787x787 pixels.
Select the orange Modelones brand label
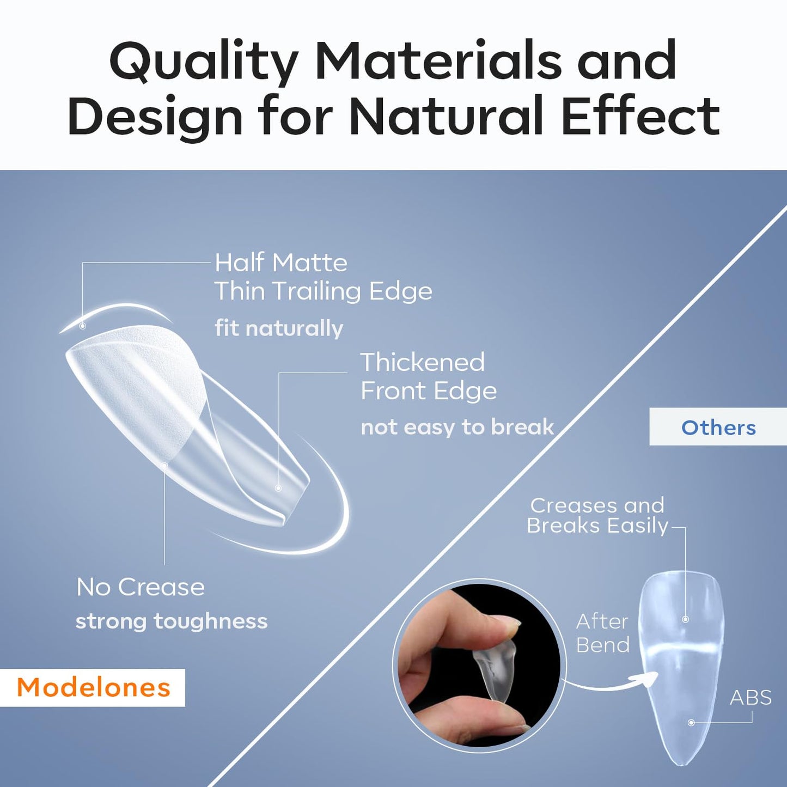click(x=93, y=687)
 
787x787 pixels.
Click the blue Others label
click(x=718, y=428)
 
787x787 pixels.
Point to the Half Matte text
click(x=280, y=263)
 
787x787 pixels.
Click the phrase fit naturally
click(x=278, y=328)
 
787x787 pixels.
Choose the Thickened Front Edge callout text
click(x=428, y=376)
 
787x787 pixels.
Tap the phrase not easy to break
click(x=457, y=427)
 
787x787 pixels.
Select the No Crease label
click(x=141, y=587)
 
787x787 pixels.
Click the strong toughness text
click(x=172, y=621)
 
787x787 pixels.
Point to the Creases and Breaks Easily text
click(x=597, y=515)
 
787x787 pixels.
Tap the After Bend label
click(x=602, y=633)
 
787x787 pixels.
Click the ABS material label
click(x=751, y=698)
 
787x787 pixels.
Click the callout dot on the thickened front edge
click(x=278, y=488)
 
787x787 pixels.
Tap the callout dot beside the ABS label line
click(x=691, y=723)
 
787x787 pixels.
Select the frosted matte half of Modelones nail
click(x=136, y=381)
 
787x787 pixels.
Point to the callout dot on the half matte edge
click(x=83, y=326)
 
